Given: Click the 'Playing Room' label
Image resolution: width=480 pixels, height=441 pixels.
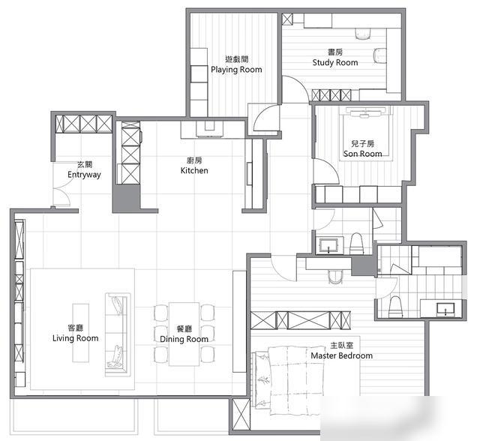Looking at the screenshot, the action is pos(236,70).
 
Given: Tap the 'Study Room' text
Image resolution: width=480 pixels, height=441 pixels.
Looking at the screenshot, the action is pos(335,62).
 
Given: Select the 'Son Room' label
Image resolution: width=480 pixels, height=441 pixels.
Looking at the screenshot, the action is pos(362,153).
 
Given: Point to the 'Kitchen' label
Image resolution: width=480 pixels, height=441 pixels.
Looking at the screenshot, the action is pos(194,170).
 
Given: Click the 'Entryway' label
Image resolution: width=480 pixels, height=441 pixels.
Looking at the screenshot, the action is pos(84,175).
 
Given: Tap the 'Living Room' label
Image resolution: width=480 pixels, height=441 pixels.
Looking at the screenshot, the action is pos(75,338).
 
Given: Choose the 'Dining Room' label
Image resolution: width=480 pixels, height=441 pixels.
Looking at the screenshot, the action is pos(184,339).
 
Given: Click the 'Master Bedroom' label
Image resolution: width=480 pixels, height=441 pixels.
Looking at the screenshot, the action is pos(342,355).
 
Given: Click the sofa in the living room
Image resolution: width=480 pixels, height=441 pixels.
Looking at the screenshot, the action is pos(118,334).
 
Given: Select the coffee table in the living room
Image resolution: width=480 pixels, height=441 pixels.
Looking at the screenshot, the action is pos(81,333).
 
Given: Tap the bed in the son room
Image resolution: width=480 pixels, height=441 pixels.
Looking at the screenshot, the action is pos(366,133).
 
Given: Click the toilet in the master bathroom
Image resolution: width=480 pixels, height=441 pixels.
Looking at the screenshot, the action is pos(395,307).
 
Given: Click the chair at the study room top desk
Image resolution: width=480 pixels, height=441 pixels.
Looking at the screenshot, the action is pos(363,34).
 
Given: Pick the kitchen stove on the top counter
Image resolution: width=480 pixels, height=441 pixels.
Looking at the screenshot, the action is pos(210,128).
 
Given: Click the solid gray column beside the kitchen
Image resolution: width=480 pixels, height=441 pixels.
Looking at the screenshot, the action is pos(126,198).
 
